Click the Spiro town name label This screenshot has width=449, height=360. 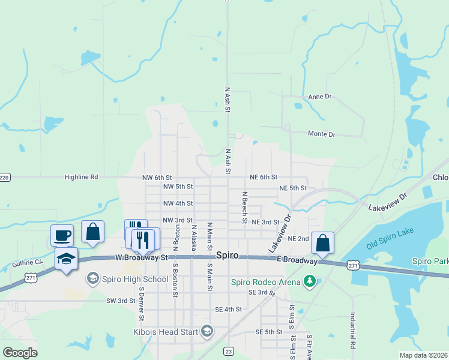point(228,255)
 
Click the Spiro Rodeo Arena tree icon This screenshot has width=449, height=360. point(310,281)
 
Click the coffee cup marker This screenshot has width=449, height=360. point(62,235)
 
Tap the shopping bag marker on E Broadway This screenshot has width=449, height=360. point(322,243)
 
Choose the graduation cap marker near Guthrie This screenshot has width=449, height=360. point(66,259)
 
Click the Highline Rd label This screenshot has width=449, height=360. point(81,178)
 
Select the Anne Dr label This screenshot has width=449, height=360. point(319,97)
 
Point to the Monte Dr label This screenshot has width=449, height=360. point(321,134)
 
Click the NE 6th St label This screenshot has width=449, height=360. point(264,177)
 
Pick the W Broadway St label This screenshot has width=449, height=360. point(142,257)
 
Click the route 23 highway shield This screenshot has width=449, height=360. point(228,350)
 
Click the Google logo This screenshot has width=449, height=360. point(20,353)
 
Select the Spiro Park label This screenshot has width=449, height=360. point(430,261)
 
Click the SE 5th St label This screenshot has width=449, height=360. point(268,332)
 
